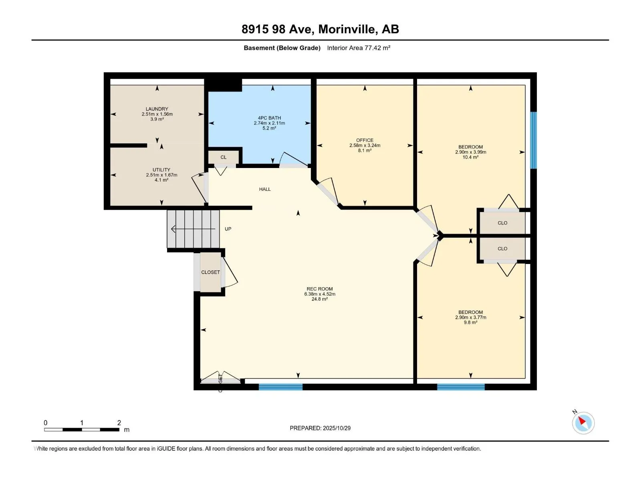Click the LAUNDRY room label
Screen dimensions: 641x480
[x=157, y=109]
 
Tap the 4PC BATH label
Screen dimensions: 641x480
[x=269, y=118]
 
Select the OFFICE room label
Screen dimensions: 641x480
[x=365, y=140]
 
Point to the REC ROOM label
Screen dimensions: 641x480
[x=319, y=289]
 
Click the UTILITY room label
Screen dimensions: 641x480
[x=161, y=170]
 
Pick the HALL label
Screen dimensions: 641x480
[x=265, y=189]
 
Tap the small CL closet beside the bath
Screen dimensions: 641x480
[x=224, y=157]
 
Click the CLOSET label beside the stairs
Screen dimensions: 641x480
[x=210, y=272]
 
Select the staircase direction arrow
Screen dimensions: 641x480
[x=193, y=229]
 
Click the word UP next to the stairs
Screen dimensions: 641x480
[x=228, y=229]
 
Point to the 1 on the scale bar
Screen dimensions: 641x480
[x=82, y=422]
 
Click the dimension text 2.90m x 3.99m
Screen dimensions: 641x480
[x=470, y=152]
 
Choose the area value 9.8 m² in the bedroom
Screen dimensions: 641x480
[x=470, y=322]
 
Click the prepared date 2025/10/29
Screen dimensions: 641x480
[x=337, y=428]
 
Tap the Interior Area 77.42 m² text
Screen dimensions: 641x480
[x=359, y=48]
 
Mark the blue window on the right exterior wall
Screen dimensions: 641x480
[x=533, y=140]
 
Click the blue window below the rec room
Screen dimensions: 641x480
[x=281, y=387]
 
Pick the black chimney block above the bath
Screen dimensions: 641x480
[x=223, y=85]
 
